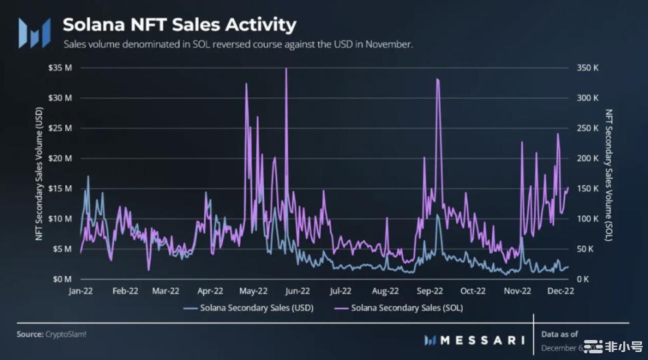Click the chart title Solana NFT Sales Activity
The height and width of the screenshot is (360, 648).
pyautogui.click(x=179, y=25)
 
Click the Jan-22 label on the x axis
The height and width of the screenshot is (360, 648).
pyautogui.click(x=81, y=291)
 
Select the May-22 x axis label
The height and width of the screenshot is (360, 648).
pyautogui.click(x=253, y=291)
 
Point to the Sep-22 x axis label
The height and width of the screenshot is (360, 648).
pyautogui.click(x=429, y=291)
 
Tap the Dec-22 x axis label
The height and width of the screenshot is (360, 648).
pyautogui.click(x=561, y=291)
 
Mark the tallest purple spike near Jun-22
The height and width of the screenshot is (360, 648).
pyautogui.click(x=286, y=69)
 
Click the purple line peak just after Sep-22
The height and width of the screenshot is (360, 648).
pyautogui.click(x=437, y=79)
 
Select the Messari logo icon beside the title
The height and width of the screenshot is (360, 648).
pyautogui.click(x=33, y=32)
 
